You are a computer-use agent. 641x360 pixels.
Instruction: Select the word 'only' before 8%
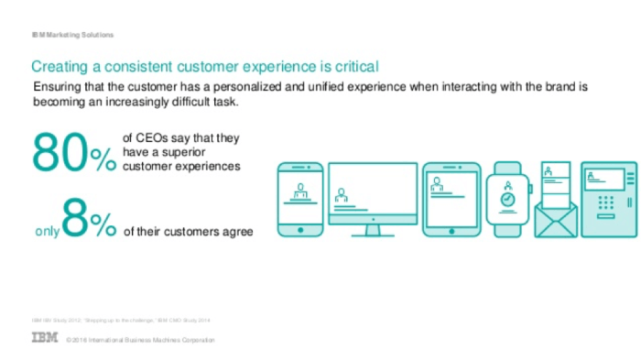[46, 233]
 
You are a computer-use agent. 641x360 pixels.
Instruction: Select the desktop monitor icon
[372, 196]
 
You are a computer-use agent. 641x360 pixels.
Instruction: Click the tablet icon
[451, 196]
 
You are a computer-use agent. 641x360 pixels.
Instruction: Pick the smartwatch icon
[506, 196]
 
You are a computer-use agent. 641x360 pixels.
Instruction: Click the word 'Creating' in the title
[60, 67]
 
